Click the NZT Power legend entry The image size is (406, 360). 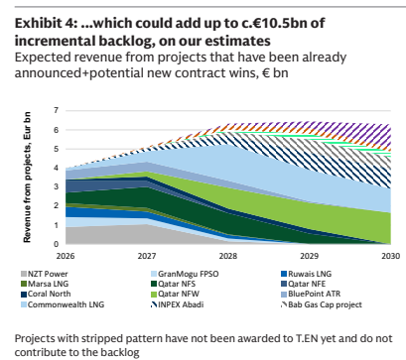pos(44,274)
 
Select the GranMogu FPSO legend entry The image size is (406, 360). pos(184,274)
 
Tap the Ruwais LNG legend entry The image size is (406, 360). pos(306,274)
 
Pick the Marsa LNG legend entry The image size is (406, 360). pos(45,284)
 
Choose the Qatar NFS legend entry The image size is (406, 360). pos(173,284)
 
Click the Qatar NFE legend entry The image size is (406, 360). pos(303,284)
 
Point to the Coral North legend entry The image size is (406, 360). pos(46,294)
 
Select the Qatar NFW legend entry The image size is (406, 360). pos(175,294)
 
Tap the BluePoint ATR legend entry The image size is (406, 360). pos(311,294)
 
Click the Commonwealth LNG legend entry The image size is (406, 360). pos(63,304)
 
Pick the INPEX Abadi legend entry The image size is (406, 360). pos(177,304)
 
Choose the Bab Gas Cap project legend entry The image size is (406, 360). pos(322,304)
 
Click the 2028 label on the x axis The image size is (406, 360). pos(228,256)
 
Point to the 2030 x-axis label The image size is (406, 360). pos(391,256)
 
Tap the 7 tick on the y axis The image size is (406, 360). pos(56,110)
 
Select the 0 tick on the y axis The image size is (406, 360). pos(56,244)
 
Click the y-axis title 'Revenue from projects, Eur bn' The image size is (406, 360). pos(27,178)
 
